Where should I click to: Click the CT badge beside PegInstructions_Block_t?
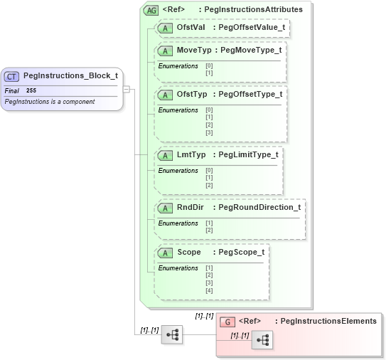(x=11, y=76)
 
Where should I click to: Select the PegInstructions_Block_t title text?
(x=70, y=75)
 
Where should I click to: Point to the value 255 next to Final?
(x=31, y=91)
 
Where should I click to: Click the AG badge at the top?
(x=151, y=10)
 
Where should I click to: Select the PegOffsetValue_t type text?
(x=252, y=27)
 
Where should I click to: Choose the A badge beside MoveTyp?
(x=165, y=51)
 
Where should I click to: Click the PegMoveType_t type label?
(x=251, y=51)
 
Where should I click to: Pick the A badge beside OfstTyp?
(x=165, y=95)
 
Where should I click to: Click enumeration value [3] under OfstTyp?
(x=209, y=132)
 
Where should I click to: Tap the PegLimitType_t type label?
(x=248, y=154)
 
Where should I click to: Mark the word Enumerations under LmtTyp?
(x=178, y=171)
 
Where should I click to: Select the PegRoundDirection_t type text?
(x=259, y=207)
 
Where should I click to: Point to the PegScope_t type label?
(x=242, y=252)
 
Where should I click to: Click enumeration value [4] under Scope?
(x=209, y=290)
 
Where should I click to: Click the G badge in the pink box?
(x=227, y=322)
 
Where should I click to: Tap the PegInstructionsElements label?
(x=328, y=321)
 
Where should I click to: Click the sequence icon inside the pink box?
(x=262, y=340)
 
